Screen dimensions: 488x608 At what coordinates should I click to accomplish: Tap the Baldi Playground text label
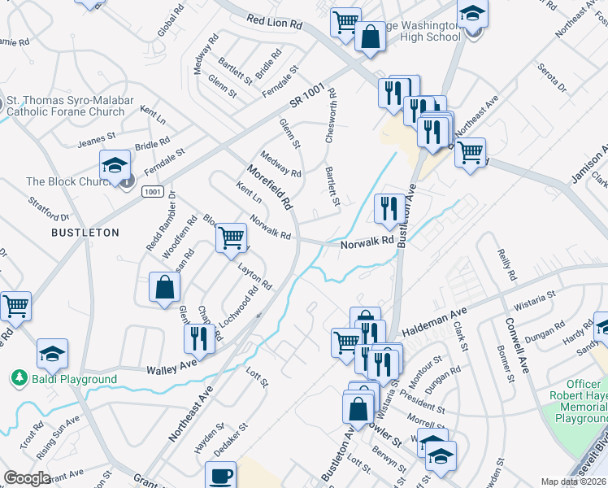point(74,379)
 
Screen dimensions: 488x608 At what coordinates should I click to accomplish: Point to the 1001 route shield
point(151,191)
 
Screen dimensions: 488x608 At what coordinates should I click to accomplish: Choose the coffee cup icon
point(219,476)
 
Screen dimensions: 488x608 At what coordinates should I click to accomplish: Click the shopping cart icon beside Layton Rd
point(232,237)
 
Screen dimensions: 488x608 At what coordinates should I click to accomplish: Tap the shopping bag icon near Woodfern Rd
point(164,287)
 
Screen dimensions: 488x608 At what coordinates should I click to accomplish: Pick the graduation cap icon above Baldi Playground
point(52,354)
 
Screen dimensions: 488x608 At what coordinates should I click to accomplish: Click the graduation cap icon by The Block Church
point(115,165)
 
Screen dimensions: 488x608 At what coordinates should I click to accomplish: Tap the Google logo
point(28,478)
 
